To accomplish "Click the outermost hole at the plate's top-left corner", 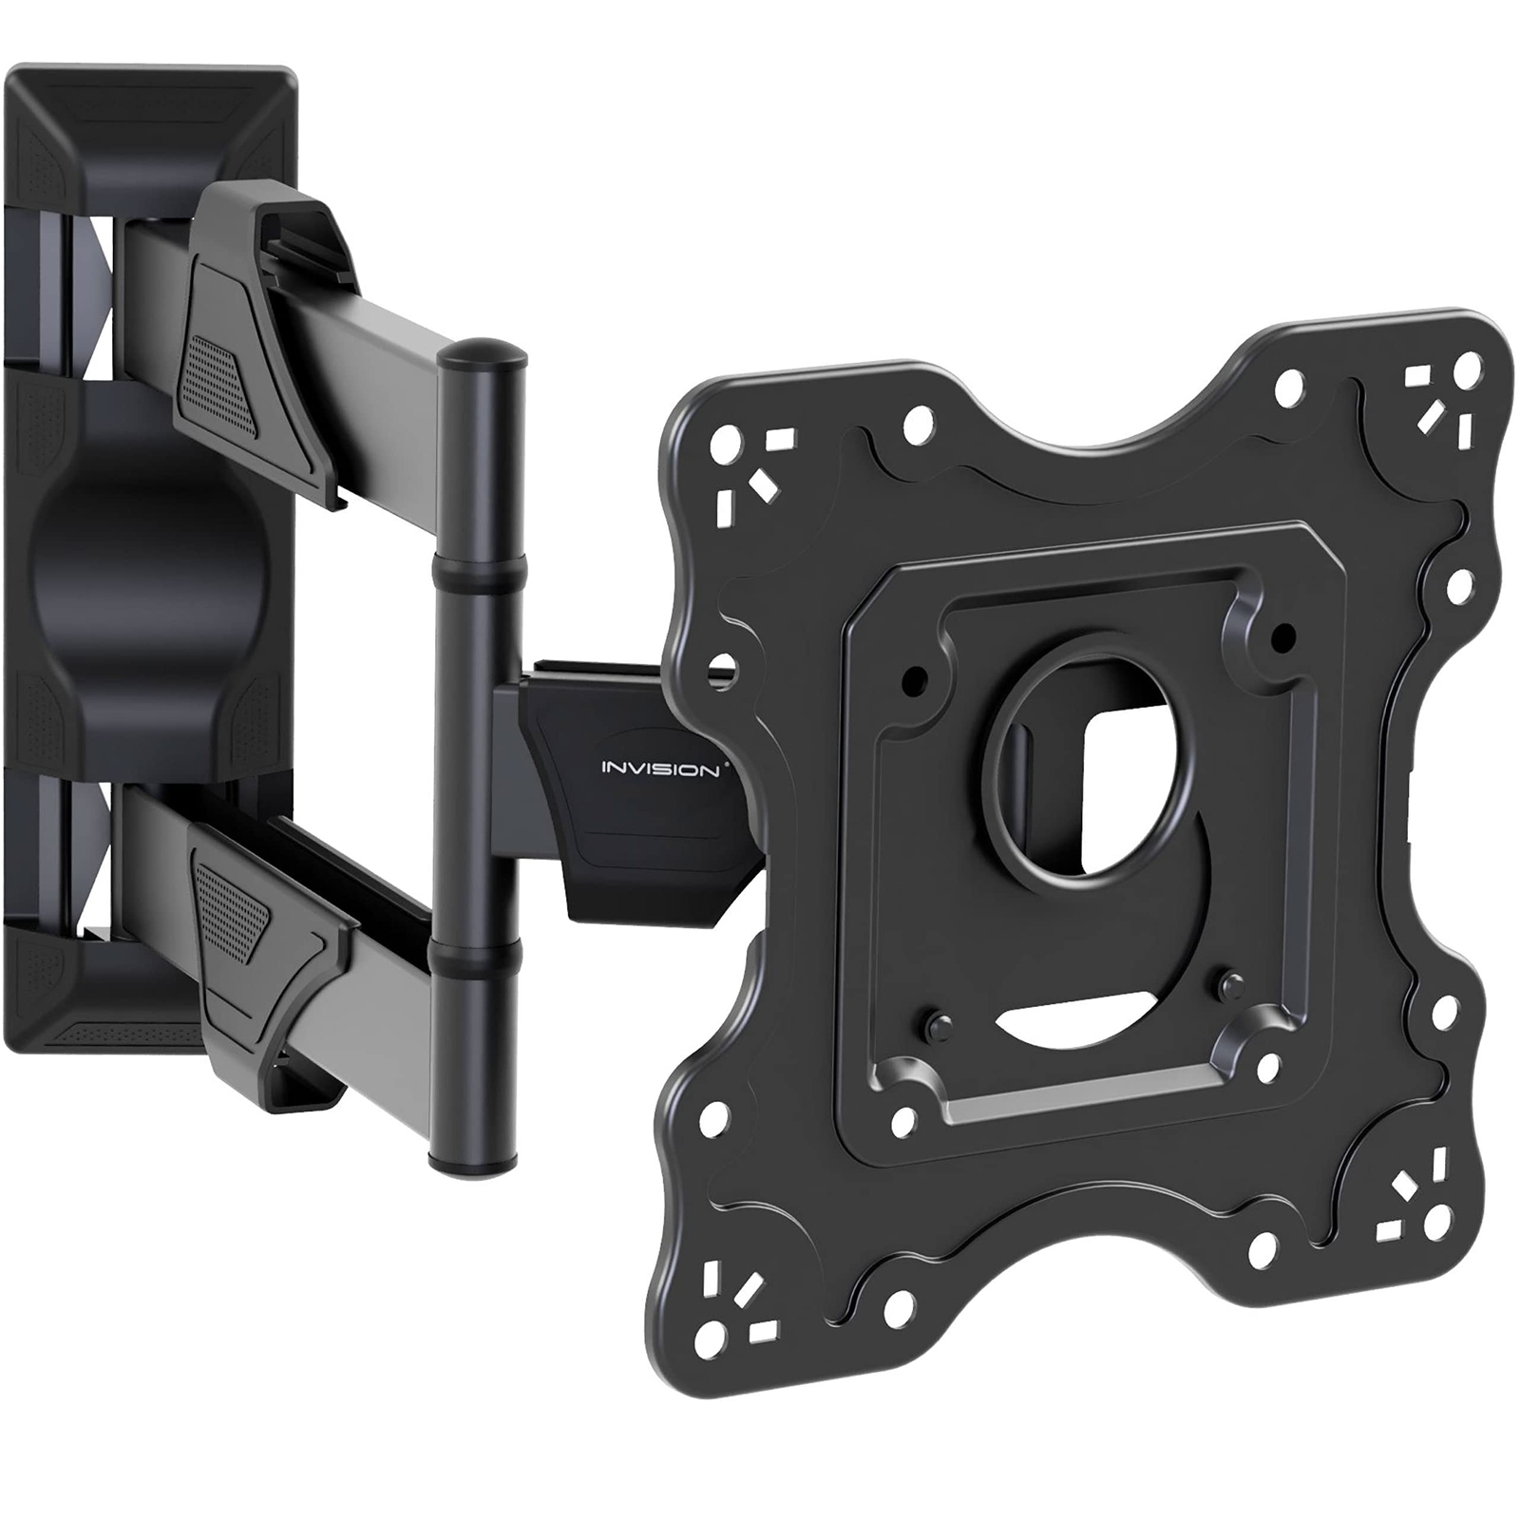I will pyautogui.click(x=730, y=443).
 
